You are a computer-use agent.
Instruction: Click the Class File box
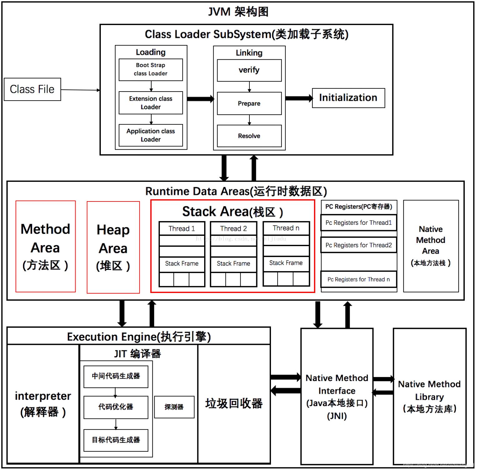tap(32, 89)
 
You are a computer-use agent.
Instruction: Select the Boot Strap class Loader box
tap(150, 69)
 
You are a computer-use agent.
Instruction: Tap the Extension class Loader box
tap(150, 103)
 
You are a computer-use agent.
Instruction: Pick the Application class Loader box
tap(150, 135)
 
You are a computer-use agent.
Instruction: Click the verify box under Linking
tap(249, 70)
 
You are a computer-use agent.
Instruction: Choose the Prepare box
tap(249, 103)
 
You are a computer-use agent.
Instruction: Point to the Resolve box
tap(249, 136)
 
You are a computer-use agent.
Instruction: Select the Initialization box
tap(348, 98)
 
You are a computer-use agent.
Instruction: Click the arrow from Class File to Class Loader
tap(80, 90)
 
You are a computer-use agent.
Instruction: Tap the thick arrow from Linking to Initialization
tap(298, 98)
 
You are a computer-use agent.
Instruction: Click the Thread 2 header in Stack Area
tap(234, 229)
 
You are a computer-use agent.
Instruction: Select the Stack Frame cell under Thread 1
tap(182, 264)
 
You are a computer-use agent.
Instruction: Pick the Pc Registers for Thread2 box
tap(359, 245)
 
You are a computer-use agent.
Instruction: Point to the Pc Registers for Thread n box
tap(359, 280)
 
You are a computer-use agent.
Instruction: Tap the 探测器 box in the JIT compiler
tap(174, 407)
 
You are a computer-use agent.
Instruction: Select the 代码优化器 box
tap(116, 407)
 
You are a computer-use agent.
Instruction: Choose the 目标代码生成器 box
tap(116, 440)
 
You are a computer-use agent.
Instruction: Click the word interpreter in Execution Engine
tap(43, 396)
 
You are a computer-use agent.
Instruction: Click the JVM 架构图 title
tap(238, 12)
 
